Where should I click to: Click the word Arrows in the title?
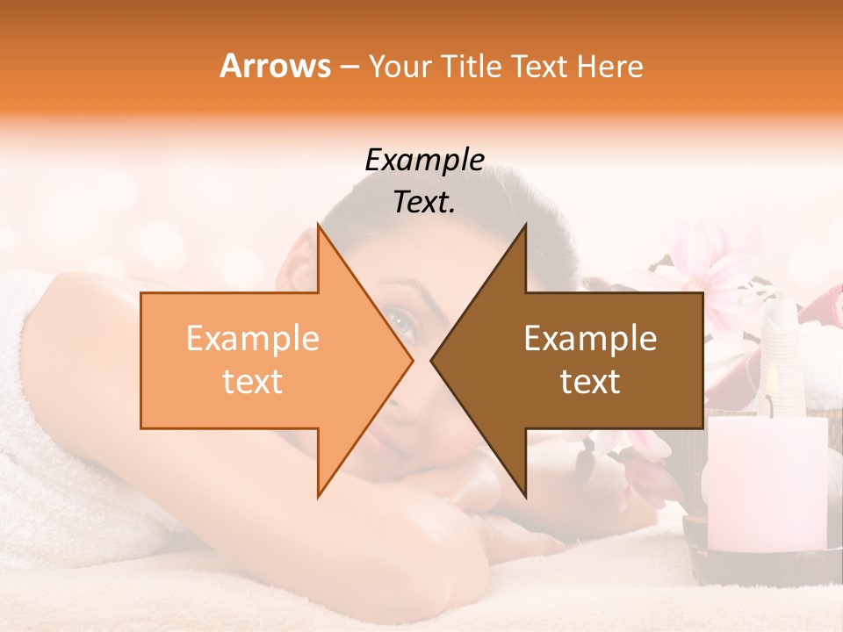click(276, 66)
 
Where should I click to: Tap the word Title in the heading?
click(470, 66)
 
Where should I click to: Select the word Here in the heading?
click(610, 66)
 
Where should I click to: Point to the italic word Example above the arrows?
click(424, 160)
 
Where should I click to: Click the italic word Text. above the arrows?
click(424, 202)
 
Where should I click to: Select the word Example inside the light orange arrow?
click(253, 339)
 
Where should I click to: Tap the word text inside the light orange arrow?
click(253, 382)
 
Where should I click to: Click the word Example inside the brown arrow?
click(590, 339)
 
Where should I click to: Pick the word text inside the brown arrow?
click(590, 382)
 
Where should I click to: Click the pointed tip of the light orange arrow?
click(411, 360)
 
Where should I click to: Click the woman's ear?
click(300, 268)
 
